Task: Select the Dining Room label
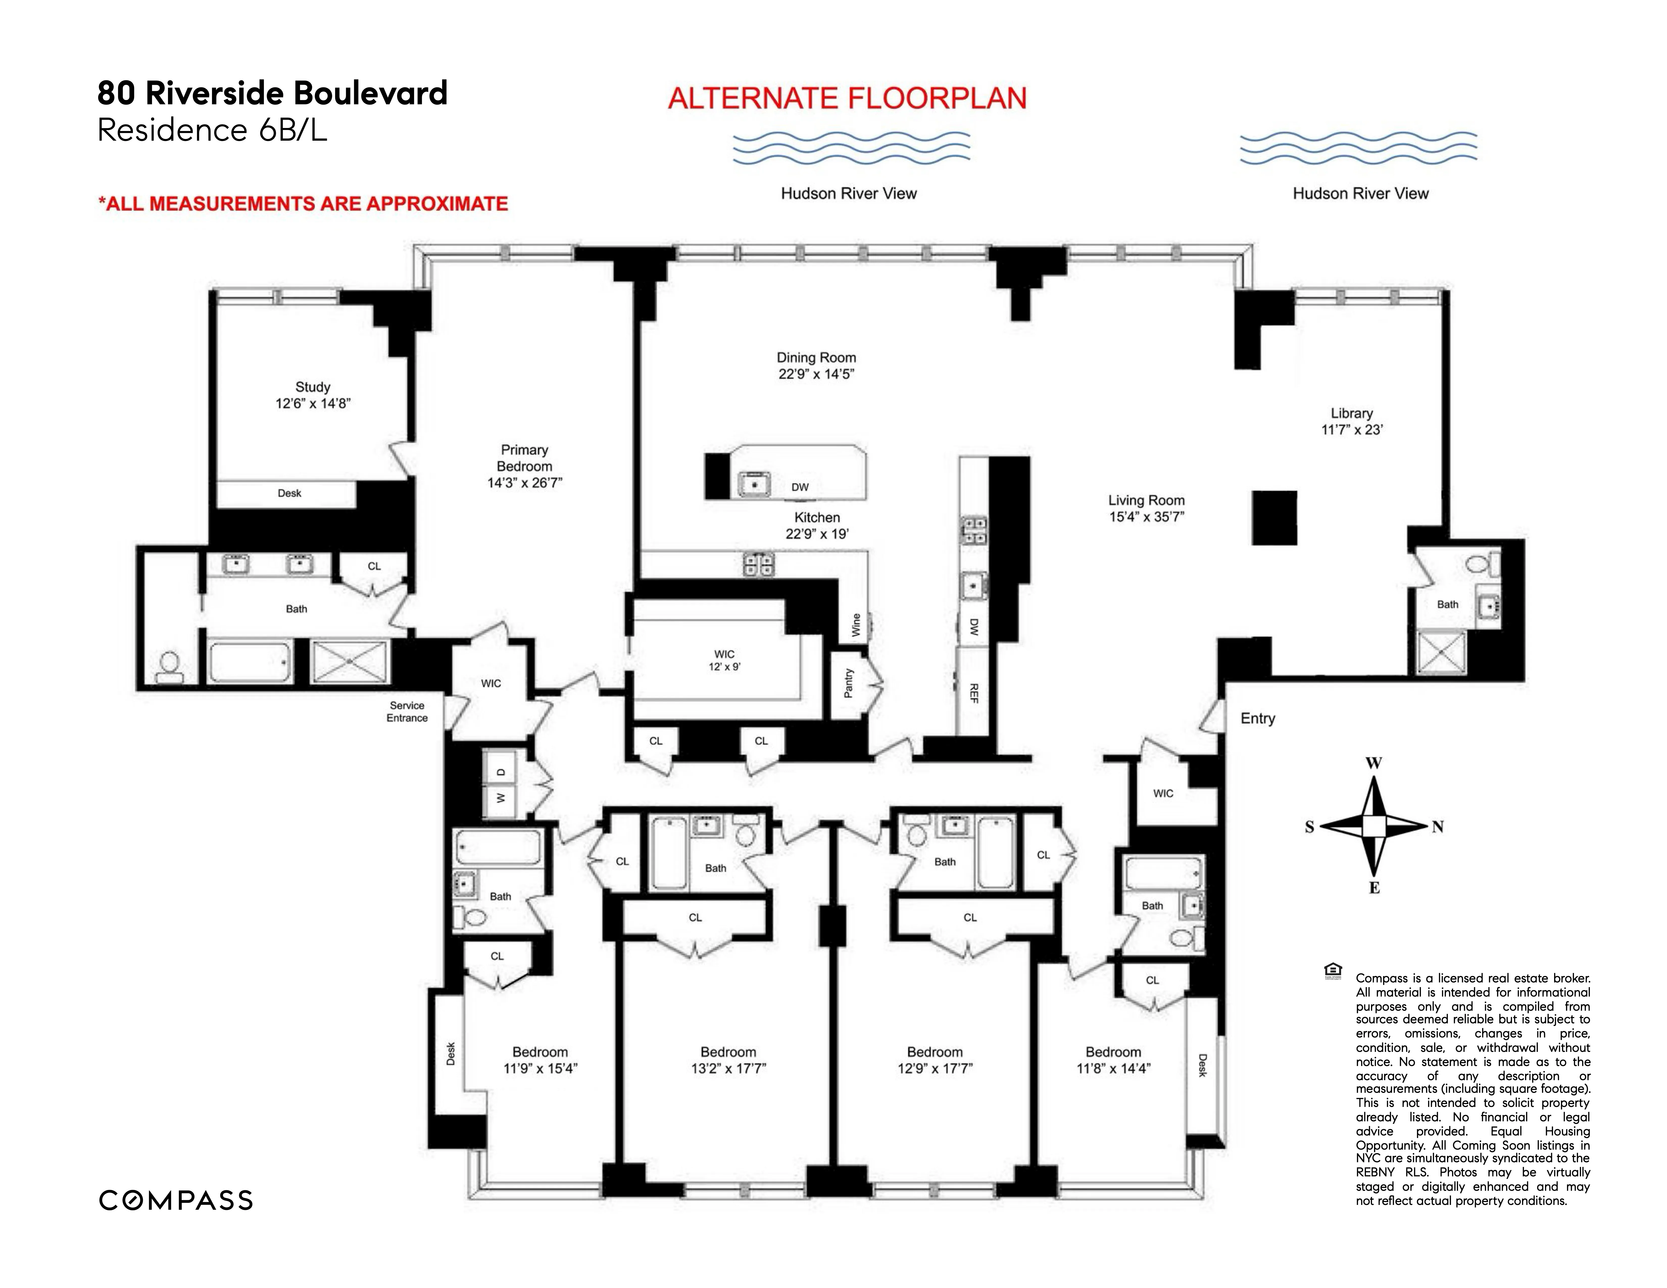coord(816,357)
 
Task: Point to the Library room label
coord(1351,413)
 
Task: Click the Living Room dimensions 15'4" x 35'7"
coord(1146,516)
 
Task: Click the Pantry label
coord(848,683)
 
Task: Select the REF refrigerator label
coord(973,693)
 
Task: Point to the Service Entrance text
coord(407,711)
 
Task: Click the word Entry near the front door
coord(1257,718)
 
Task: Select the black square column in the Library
coord(1274,517)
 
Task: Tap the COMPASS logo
coord(176,1200)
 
